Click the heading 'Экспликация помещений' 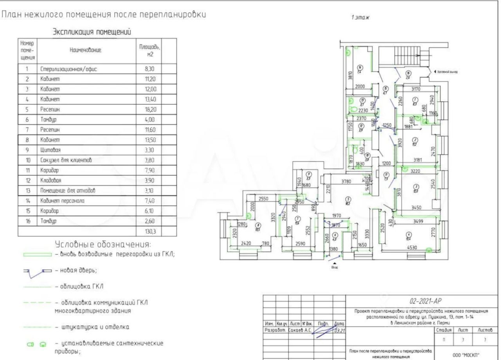click(92, 32)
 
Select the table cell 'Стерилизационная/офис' click(68, 69)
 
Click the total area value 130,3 click(150, 231)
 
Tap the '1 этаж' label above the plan click(360, 18)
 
